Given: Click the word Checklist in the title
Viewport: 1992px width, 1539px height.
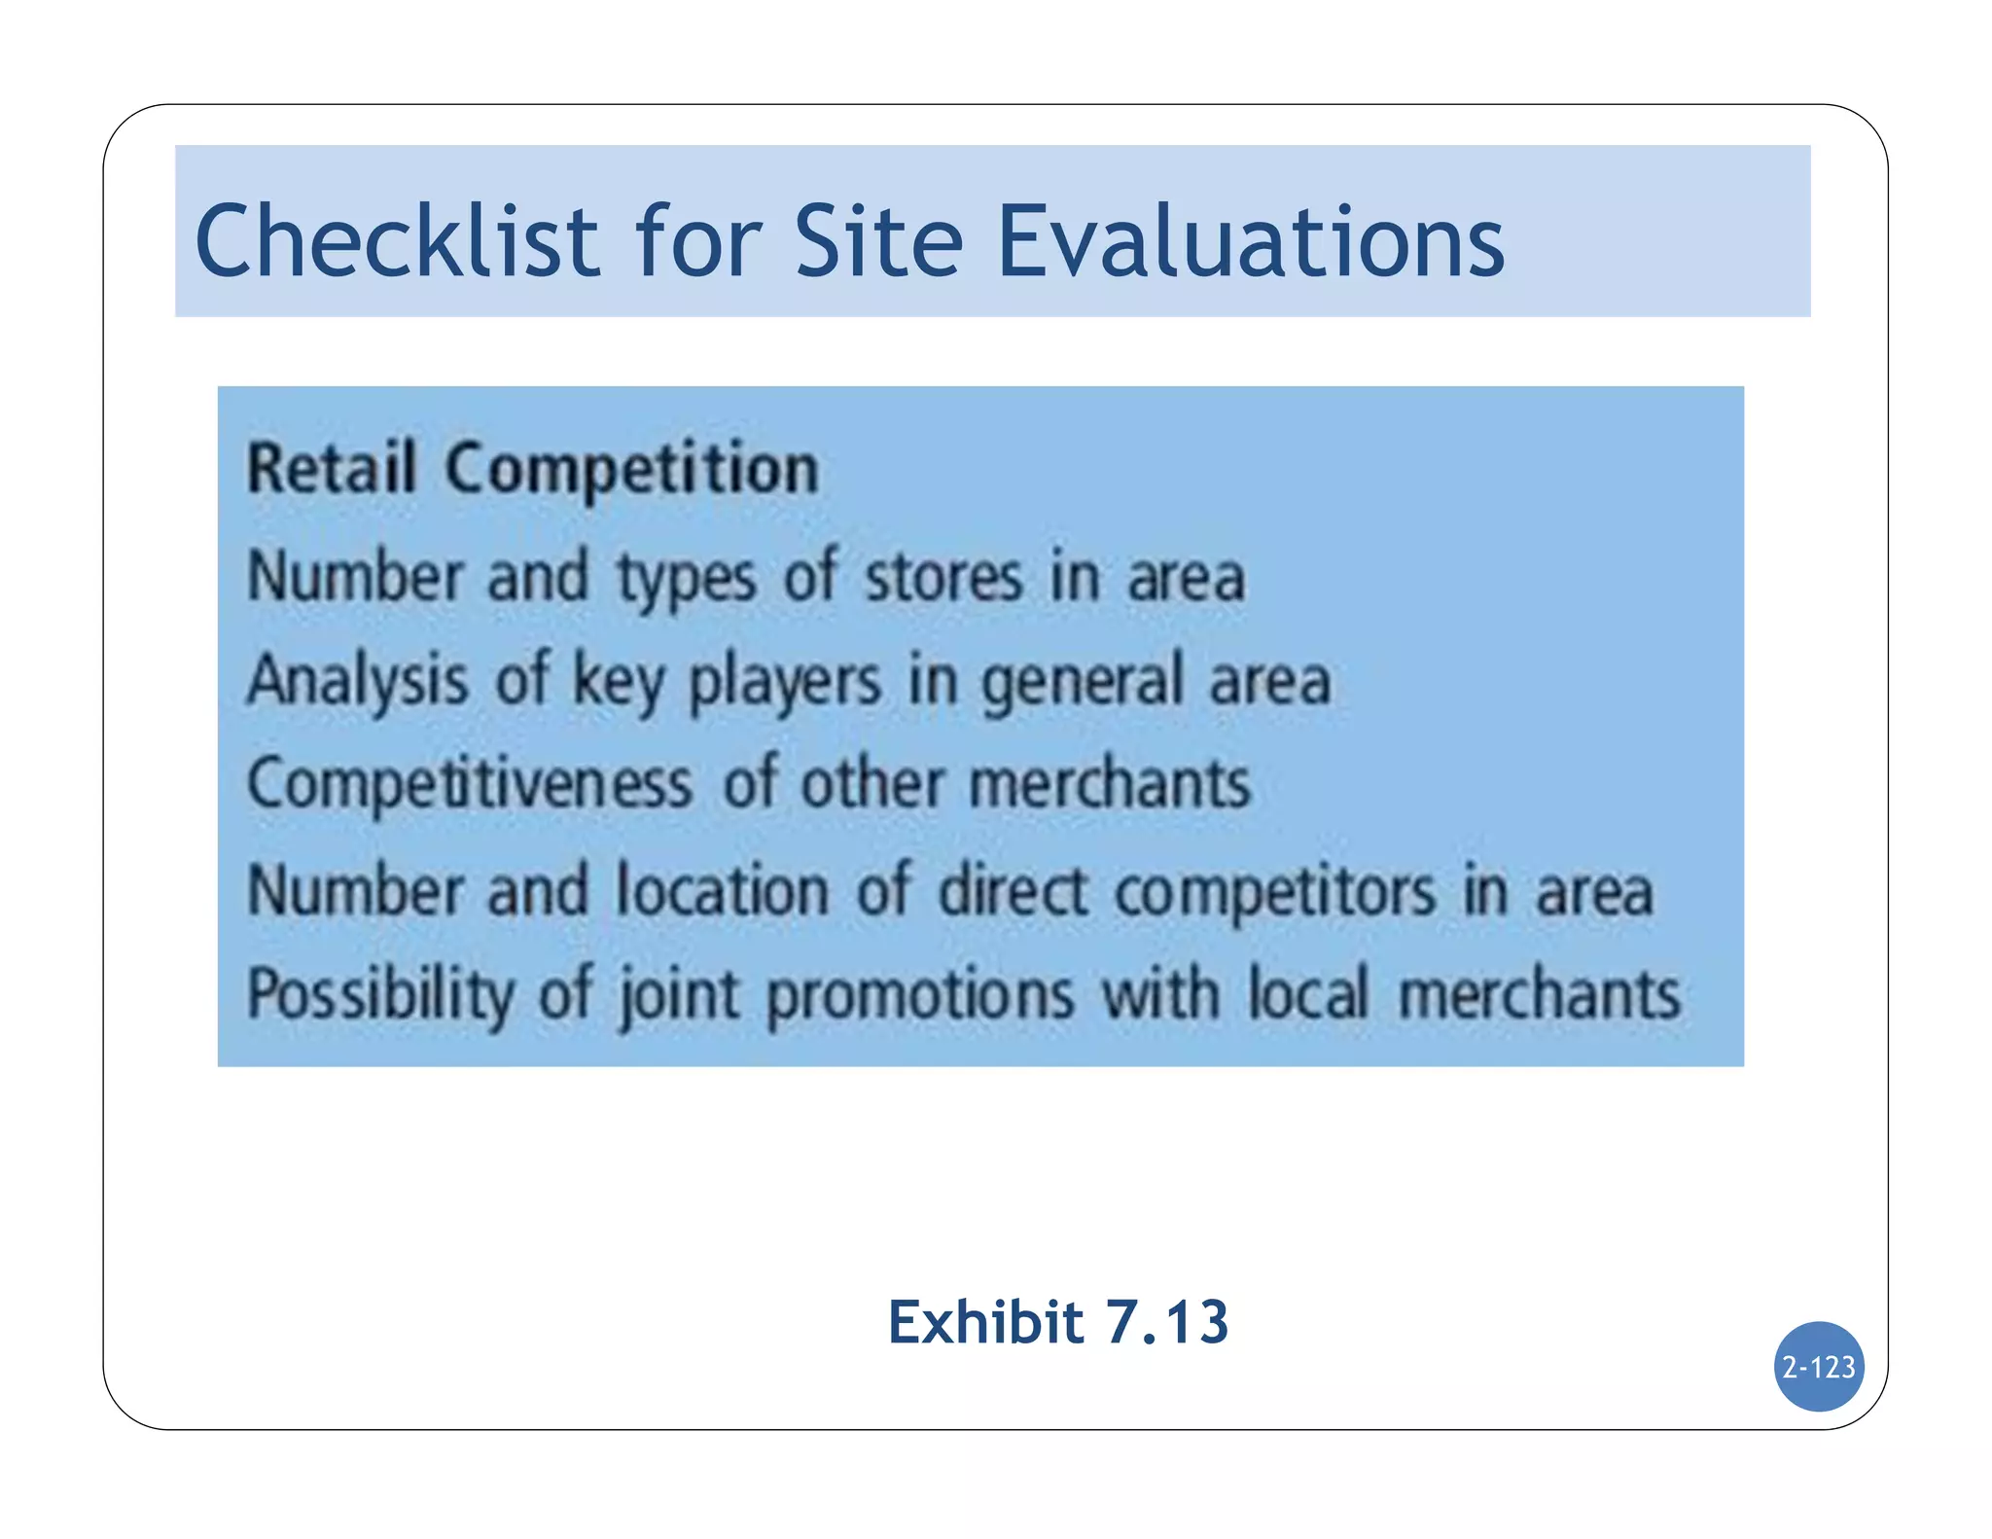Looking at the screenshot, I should [x=397, y=241].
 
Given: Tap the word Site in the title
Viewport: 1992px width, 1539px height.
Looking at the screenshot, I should [x=878, y=241].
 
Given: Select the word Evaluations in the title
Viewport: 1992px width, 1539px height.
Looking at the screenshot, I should [x=1251, y=241].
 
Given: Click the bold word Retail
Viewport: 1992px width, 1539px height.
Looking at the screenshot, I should [x=332, y=469].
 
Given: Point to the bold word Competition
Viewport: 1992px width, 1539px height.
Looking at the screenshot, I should [x=632, y=469].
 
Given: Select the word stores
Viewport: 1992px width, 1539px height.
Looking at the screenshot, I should [x=943, y=577].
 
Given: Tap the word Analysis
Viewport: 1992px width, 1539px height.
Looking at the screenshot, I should [x=357, y=681].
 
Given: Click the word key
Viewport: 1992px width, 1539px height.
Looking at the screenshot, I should [x=619, y=681].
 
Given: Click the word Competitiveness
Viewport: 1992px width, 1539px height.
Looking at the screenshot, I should [x=470, y=785].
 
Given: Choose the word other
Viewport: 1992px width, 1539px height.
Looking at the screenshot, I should [x=871, y=783].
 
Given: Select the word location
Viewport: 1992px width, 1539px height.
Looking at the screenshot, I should [x=722, y=889].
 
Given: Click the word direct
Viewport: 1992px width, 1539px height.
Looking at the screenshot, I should [x=1012, y=889].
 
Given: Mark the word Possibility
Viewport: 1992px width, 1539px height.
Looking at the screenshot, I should [x=380, y=995].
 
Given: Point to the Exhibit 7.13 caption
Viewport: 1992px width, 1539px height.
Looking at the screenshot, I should [x=1058, y=1323].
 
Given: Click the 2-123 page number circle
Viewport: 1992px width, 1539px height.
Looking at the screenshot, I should [x=1818, y=1367].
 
